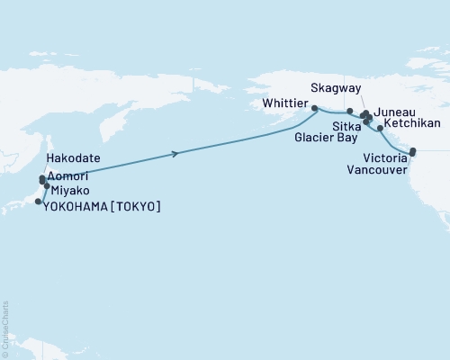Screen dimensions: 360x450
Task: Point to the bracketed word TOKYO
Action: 140,206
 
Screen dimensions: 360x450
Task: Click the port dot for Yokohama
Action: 38,202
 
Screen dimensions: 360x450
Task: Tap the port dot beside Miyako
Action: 47,186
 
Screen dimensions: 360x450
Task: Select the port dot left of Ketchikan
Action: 381,129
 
